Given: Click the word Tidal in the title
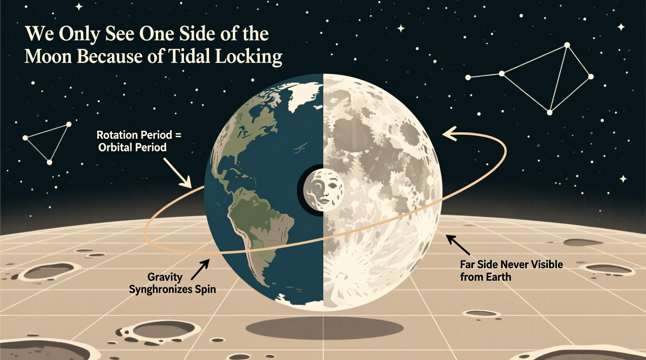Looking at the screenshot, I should coord(190,57).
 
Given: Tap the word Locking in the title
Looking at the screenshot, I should coord(248,57).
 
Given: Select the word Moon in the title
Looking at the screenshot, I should coord(48,57).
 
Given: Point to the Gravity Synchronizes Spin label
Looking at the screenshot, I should coord(172,283).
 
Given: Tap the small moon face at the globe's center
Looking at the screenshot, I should coord(323,189).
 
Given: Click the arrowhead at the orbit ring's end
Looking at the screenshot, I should coord(449,134).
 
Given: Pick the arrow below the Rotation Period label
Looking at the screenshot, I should coord(178,173).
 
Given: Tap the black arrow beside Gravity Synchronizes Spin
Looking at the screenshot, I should coord(200,269).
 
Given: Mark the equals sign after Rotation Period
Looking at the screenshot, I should coord(178,135).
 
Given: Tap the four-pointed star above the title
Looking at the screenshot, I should coord(79,7).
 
